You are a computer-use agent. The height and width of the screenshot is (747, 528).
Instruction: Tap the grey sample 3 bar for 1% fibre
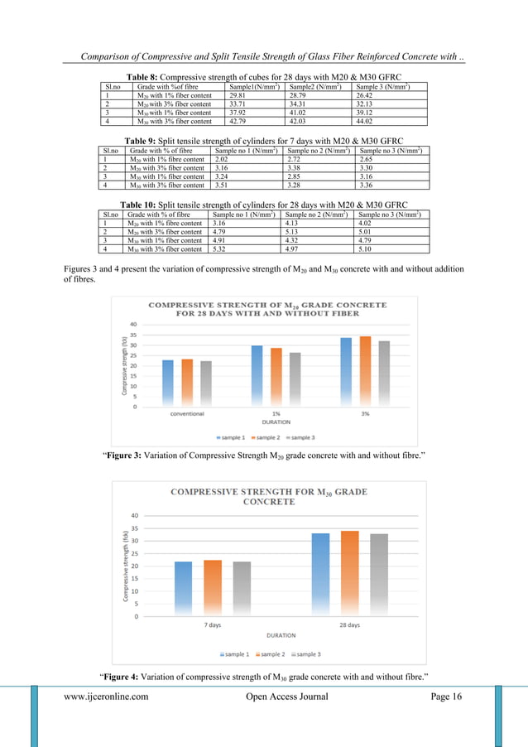pos(294,378)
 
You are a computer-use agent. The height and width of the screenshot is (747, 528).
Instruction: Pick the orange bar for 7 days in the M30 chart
pos(213,588)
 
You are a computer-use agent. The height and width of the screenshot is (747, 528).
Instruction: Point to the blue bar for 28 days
pos(320,574)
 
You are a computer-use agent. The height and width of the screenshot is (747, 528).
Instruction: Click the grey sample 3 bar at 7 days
pos(241,589)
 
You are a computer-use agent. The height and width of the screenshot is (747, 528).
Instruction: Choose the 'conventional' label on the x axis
pos(187,413)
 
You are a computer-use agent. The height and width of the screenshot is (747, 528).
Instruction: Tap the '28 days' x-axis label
pos(348,625)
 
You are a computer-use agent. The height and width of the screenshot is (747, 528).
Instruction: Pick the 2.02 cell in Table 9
pos(222,160)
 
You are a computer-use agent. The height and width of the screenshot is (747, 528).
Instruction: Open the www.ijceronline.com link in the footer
pos(107,696)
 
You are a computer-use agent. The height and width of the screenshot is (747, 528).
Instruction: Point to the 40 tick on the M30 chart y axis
pos(135,515)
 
